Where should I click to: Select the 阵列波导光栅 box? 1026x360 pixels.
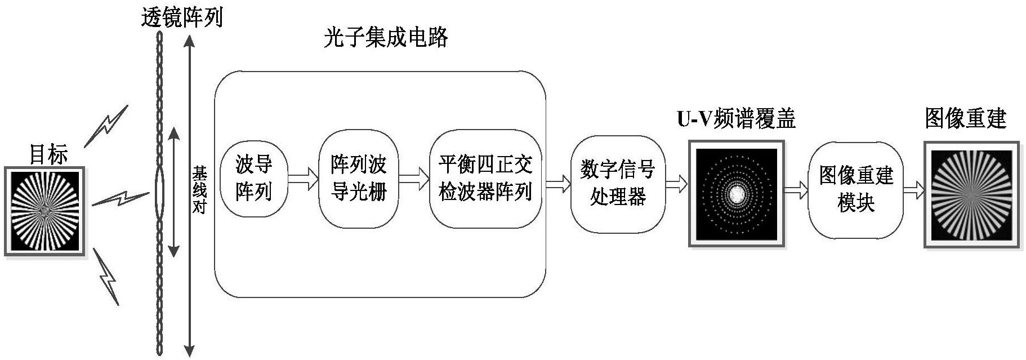[358, 179]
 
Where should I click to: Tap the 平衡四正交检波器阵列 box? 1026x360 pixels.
[485, 179]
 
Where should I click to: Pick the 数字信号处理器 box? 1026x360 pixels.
[618, 184]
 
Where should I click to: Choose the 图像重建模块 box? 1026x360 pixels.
[856, 190]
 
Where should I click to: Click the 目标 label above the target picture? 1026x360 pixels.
[48, 154]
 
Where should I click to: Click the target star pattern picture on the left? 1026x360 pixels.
[44, 211]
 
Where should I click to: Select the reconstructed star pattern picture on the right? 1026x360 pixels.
[972, 194]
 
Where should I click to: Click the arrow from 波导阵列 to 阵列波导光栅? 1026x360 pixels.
[303, 179]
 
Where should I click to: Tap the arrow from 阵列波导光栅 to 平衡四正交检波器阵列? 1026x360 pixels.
[414, 179]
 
